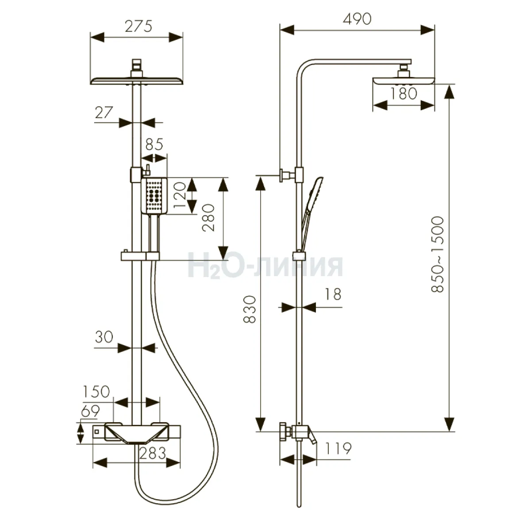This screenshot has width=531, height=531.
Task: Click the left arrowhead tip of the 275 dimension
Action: click(91, 37)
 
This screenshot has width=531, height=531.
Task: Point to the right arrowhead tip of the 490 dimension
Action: click(435, 30)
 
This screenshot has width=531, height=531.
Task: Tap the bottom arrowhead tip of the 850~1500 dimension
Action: click(449, 431)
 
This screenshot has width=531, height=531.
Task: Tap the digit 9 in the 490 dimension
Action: click(358, 19)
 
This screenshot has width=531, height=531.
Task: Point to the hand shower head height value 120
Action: click(181, 196)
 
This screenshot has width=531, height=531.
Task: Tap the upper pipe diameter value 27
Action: click(104, 112)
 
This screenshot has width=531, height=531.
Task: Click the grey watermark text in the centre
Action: click(265, 266)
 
